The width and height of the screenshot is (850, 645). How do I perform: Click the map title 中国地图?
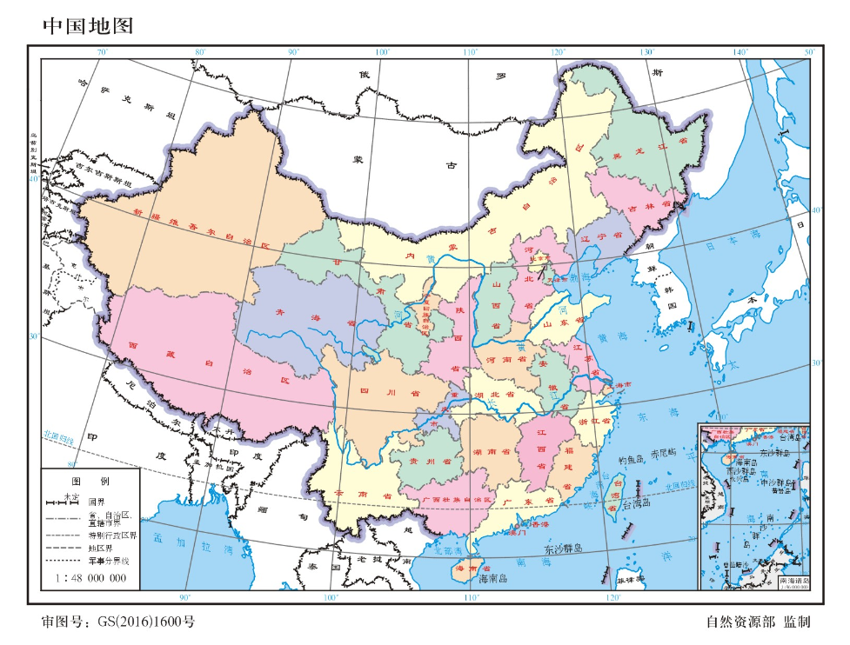88,26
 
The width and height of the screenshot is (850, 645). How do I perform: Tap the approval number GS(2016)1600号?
117,622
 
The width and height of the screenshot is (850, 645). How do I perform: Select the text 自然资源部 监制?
758,622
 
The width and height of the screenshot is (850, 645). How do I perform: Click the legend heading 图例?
90,481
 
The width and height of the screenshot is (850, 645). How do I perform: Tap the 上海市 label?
621,383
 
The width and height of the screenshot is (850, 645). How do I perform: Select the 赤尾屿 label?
664,453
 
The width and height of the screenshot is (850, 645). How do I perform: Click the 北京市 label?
545,257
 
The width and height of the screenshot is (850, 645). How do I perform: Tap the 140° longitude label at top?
740,53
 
